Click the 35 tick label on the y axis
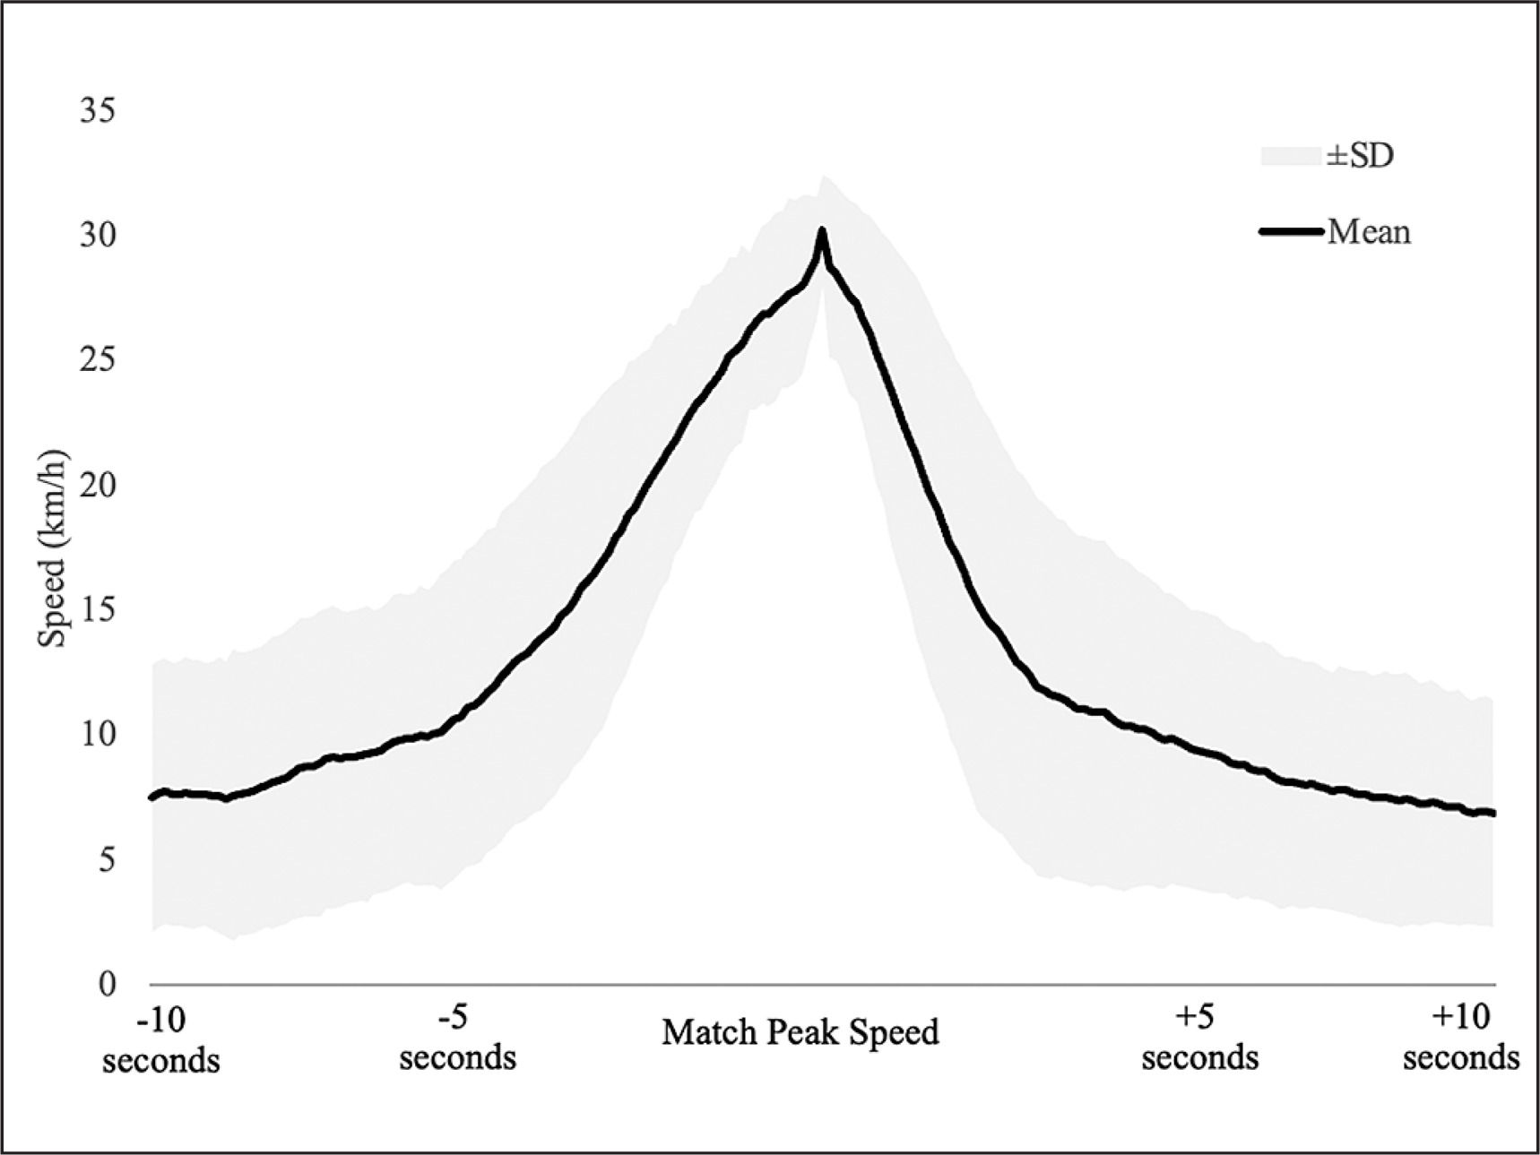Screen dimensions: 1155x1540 click(x=98, y=111)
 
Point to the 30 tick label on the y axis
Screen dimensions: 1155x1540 click(x=98, y=236)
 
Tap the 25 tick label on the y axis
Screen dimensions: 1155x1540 click(x=98, y=360)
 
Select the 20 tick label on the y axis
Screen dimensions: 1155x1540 click(x=98, y=485)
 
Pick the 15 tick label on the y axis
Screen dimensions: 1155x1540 click(x=98, y=610)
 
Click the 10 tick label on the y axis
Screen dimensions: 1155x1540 click(x=98, y=735)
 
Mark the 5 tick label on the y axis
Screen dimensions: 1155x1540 click(x=107, y=860)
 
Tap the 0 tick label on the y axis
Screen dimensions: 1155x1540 click(x=107, y=985)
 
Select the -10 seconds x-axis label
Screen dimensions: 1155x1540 click(x=161, y=1039)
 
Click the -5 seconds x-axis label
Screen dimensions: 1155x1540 click(x=457, y=1038)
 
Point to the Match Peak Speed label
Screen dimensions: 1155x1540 click(x=800, y=1032)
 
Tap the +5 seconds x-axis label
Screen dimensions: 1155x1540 click(x=1199, y=1038)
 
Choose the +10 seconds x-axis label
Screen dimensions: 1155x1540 click(x=1461, y=1038)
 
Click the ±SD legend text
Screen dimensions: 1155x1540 click(x=1360, y=156)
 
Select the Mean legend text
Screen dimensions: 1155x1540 click(x=1369, y=232)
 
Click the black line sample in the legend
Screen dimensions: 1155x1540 click(x=1291, y=232)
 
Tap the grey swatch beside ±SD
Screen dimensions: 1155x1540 click(x=1291, y=156)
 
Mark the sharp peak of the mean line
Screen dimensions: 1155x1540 click(x=821, y=231)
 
